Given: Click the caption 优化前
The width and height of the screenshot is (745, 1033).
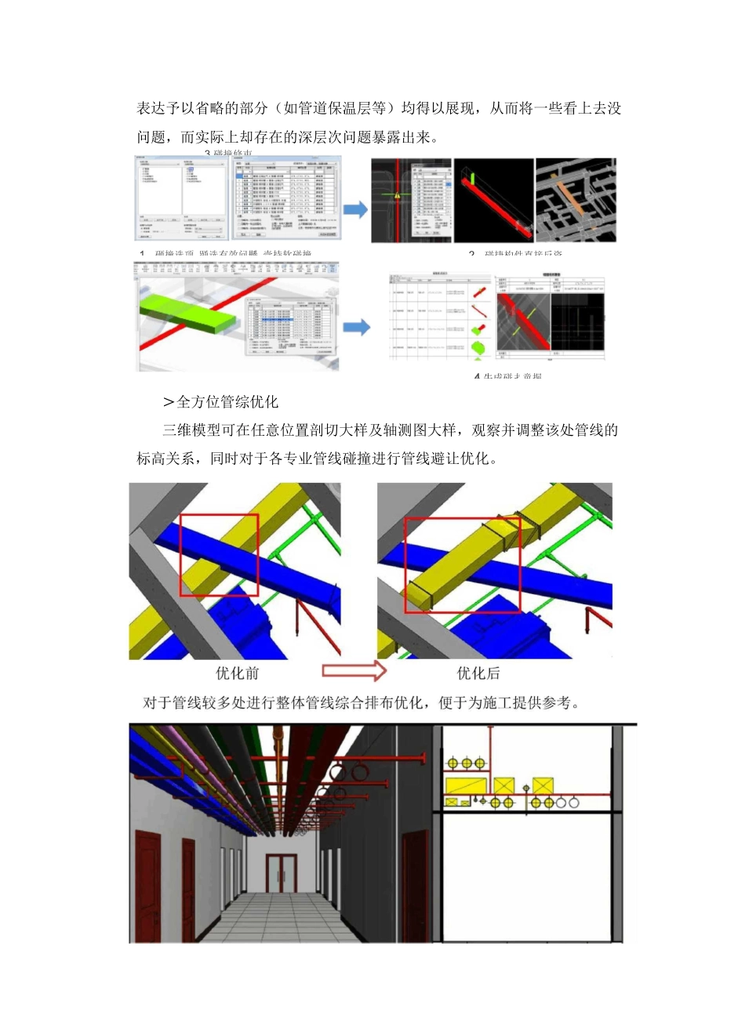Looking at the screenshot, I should click(x=237, y=673).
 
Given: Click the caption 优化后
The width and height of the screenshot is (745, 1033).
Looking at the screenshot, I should click(x=478, y=673).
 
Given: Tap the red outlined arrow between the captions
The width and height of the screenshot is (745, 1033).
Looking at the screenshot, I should click(x=354, y=671).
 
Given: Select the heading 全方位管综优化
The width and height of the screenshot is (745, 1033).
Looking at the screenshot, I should click(x=227, y=402).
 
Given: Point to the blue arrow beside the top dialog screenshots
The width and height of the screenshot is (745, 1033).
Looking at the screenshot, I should click(x=355, y=209).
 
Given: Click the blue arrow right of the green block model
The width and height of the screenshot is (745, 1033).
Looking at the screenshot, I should click(x=356, y=327).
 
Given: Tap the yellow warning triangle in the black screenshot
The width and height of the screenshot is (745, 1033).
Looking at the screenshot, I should click(x=398, y=195).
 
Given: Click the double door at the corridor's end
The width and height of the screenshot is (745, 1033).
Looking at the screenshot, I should click(x=281, y=873).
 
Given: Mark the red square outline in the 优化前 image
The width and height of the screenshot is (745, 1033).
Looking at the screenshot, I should click(x=220, y=555).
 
